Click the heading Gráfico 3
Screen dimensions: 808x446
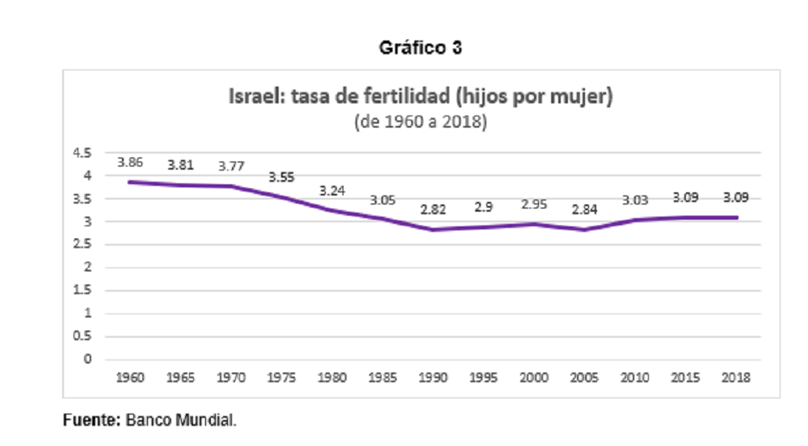[420, 48]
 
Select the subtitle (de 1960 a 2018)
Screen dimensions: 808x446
[420, 121]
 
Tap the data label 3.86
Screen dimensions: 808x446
[130, 162]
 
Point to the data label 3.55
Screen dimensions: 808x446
[281, 177]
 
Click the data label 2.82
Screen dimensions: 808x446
[433, 209]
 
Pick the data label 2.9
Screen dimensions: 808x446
[483, 207]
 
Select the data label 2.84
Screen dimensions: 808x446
[584, 209]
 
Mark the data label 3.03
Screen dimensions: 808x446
[635, 200]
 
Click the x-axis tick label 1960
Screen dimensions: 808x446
[130, 377]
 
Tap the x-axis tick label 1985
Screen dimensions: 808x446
[382, 377]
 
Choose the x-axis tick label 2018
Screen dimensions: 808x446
[736, 377]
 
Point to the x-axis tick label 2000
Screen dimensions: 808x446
[534, 377]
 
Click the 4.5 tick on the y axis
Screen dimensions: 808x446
[82, 153]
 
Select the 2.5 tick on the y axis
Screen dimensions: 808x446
[82, 244]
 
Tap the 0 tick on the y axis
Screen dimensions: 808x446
[87, 359]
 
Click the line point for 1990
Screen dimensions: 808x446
[433, 229]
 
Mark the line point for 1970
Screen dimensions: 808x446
[231, 186]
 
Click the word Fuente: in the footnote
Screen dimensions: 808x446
[92, 420]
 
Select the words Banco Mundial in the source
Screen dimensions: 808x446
[180, 420]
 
